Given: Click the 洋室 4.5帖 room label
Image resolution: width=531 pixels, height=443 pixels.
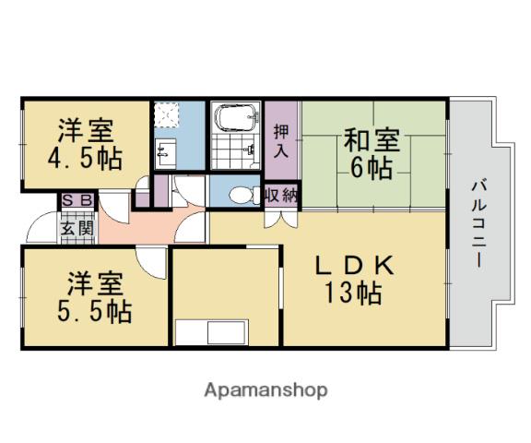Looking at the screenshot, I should click(x=84, y=142).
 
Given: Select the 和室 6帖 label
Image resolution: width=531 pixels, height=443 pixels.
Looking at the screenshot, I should click(x=372, y=154).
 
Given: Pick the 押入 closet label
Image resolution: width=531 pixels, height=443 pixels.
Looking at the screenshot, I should click(x=281, y=139).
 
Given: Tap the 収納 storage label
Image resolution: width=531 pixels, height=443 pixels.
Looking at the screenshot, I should click(x=280, y=195).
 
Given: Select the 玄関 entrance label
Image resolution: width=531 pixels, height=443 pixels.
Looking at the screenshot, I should click(x=76, y=225).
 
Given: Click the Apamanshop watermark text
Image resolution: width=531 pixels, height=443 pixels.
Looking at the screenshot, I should click(x=265, y=389).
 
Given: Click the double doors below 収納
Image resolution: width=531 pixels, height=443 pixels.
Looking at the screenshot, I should click(x=281, y=219).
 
